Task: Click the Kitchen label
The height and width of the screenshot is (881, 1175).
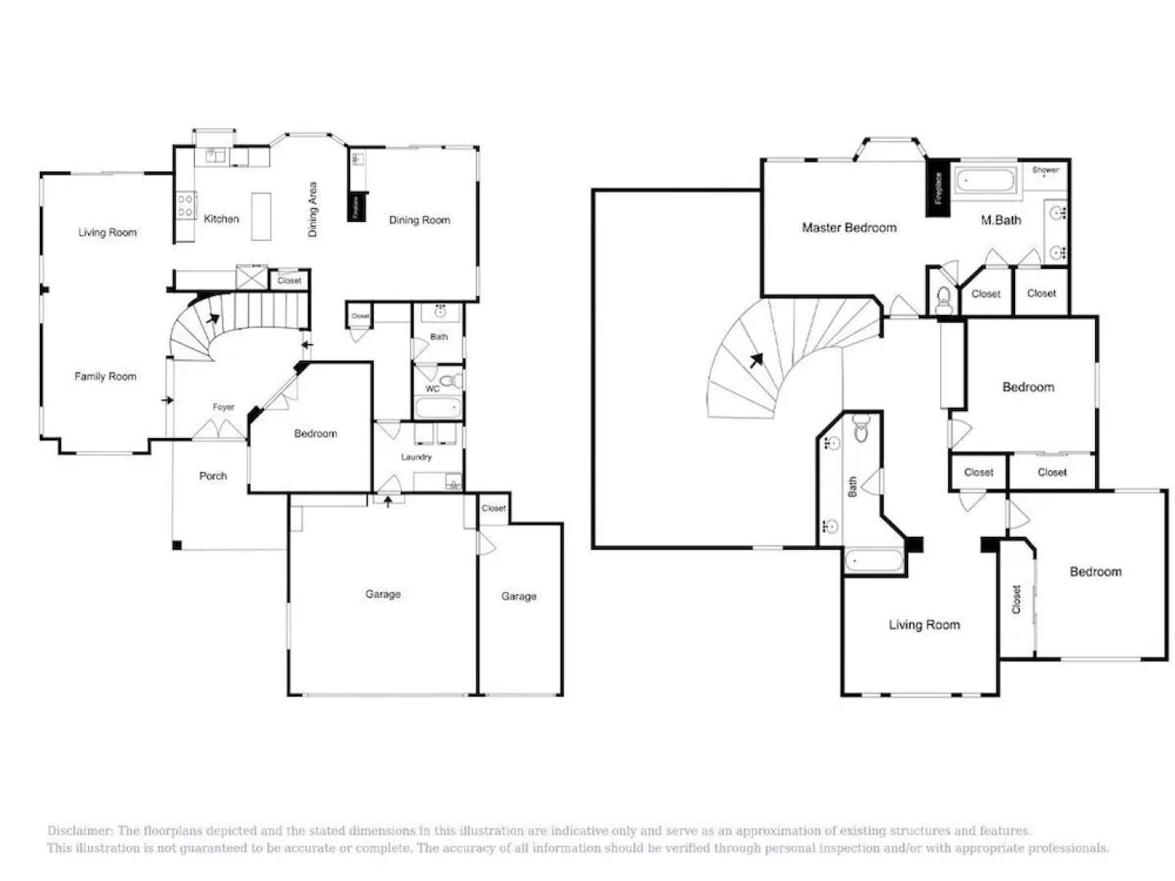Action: (221, 219)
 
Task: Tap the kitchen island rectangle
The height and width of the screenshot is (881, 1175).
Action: (261, 216)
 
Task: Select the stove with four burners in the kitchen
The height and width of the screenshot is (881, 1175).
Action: (185, 205)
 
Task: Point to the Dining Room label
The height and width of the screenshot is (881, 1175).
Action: (419, 219)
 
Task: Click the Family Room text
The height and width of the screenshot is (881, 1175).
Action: (105, 376)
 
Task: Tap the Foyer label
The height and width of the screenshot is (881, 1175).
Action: (224, 407)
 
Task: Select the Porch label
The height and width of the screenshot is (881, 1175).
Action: (213, 476)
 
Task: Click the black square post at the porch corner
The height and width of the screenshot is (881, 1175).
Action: (177, 544)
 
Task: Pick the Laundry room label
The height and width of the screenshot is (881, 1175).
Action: (416, 457)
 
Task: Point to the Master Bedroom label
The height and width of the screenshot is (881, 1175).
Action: (849, 228)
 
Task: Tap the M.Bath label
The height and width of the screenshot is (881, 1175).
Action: (1000, 219)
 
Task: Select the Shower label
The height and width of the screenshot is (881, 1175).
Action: (1045, 170)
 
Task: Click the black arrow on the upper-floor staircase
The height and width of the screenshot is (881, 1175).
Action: (757, 360)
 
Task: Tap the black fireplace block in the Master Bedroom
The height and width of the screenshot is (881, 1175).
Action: (938, 188)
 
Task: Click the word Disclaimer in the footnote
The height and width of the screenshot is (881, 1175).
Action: (79, 830)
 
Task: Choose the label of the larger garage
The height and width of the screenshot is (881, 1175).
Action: (383, 594)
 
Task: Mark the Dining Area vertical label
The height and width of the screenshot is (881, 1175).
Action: (313, 210)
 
